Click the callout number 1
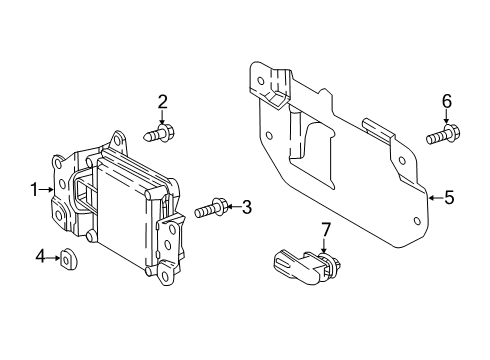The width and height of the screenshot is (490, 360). [x=34, y=190]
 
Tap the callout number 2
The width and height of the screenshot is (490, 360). [x=162, y=102]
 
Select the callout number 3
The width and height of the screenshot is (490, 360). [x=246, y=207]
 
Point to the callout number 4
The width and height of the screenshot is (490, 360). [x=40, y=257]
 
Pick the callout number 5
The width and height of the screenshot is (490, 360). [x=449, y=197]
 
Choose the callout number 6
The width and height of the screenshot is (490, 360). [x=447, y=101]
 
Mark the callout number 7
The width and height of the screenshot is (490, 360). [x=325, y=230]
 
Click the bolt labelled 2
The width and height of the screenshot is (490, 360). [x=159, y=133]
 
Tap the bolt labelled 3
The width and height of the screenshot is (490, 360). [x=211, y=208]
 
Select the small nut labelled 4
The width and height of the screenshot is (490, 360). [x=69, y=260]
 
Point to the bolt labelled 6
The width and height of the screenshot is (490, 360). [x=443, y=134]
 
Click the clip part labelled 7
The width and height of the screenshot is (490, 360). [x=306, y=267]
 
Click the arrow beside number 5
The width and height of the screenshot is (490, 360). [x=436, y=198]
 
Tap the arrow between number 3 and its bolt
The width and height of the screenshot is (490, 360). [x=234, y=207]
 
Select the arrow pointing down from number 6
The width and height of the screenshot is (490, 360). [x=446, y=117]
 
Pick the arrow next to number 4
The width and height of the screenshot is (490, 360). [x=54, y=258]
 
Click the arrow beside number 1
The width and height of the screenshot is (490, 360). [x=46, y=190]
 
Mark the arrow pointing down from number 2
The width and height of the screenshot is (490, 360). [x=162, y=118]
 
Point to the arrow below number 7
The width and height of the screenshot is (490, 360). [x=323, y=246]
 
